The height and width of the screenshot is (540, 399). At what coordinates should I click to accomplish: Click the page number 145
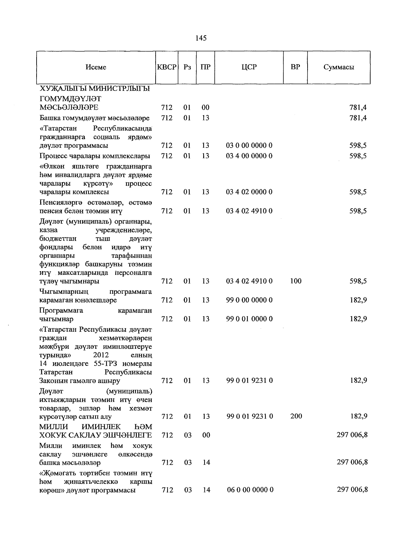[201, 38]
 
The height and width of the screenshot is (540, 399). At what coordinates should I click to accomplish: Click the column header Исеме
[96, 67]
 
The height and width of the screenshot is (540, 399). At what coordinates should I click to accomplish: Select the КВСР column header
[167, 67]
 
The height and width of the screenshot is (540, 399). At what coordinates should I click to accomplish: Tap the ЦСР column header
[249, 67]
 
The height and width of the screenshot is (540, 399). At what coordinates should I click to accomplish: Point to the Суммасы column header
[339, 67]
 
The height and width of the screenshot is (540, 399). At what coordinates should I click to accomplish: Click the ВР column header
[295, 67]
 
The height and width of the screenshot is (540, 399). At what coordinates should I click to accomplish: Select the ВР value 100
[296, 281]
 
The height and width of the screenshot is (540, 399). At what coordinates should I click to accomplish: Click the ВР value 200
[296, 416]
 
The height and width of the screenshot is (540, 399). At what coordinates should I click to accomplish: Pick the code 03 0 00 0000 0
[249, 145]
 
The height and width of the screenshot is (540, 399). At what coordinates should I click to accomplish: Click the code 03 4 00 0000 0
[249, 156]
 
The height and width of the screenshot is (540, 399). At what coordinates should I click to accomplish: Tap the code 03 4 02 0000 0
[249, 192]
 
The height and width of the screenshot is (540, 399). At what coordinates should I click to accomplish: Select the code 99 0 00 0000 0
[249, 300]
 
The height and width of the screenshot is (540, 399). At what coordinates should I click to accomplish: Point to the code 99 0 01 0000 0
[249, 319]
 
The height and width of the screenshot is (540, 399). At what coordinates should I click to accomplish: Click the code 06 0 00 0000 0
[250, 490]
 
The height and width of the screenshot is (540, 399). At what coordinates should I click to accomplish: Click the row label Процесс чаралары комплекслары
[94, 156]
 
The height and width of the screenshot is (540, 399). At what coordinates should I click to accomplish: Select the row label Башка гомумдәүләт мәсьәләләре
[94, 118]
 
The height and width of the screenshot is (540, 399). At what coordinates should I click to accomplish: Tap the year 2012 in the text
[101, 355]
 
